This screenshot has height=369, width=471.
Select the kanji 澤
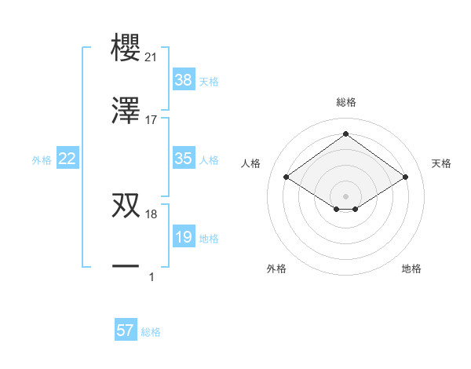[126, 111]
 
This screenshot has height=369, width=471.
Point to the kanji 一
[126, 267]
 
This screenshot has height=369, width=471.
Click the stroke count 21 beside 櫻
[151, 57]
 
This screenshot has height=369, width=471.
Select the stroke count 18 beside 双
[151, 214]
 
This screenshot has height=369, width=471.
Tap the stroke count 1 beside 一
[152, 276]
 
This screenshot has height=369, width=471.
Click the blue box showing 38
[183, 80]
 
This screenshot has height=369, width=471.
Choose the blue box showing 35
[183, 159]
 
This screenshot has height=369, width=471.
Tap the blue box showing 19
[183, 237]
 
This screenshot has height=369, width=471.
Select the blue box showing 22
[68, 159]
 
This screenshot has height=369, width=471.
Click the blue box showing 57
[126, 331]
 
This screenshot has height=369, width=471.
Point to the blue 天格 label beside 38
[209, 82]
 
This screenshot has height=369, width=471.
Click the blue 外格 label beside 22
[42, 160]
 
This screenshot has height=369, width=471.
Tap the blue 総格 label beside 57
[151, 332]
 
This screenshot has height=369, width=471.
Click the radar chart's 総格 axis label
[346, 103]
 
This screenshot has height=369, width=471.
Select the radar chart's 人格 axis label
[251, 163]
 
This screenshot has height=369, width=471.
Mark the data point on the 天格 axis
[405, 177]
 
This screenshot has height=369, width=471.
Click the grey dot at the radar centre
[346, 195]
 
